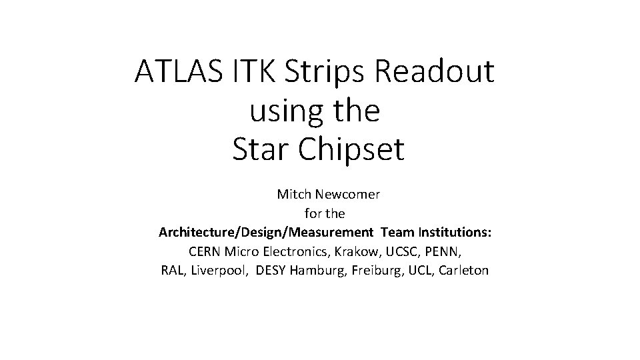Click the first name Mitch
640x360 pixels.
point(294,195)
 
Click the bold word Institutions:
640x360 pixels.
point(455,233)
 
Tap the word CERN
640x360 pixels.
point(205,252)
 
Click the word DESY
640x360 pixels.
point(272,271)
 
